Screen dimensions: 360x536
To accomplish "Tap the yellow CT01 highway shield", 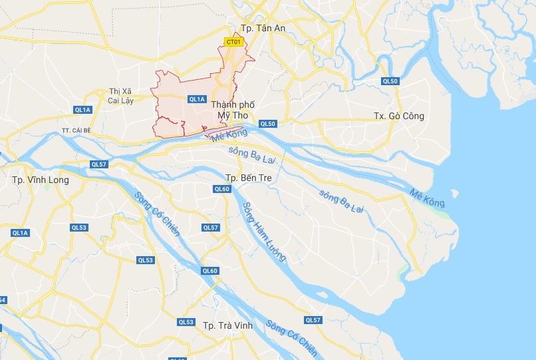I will (233, 42).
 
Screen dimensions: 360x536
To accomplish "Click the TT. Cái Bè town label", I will (74, 130).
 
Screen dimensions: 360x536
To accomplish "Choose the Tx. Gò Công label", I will (398, 116).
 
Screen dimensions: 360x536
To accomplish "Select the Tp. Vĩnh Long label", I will (40, 180).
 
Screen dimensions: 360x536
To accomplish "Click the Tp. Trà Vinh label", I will (227, 325).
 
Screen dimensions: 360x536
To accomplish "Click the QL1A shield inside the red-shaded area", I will (196, 99).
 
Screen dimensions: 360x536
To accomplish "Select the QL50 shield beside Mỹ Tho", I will (267, 124).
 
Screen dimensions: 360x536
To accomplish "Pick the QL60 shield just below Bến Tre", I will (221, 189).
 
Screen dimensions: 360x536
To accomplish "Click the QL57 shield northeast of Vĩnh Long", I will (98, 164).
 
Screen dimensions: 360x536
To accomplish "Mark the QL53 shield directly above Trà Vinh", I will (186, 322).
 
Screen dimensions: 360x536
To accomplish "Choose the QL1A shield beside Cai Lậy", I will (83, 109).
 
